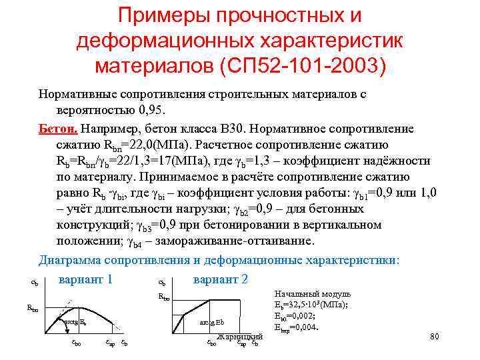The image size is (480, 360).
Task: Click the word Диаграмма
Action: pos(75,259)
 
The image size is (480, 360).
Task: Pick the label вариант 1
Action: pos(85,278)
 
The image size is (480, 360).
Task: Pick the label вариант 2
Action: pos(220,278)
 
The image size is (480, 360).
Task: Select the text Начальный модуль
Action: pos(313,294)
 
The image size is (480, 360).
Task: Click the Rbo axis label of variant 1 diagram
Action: pos(31,308)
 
